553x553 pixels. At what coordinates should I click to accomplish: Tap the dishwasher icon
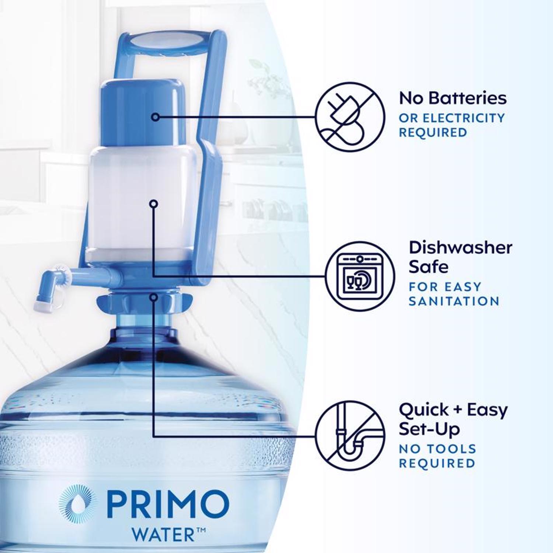click(359, 276)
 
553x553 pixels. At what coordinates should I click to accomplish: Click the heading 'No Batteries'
click(453, 98)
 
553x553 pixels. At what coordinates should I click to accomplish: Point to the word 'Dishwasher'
click(460, 248)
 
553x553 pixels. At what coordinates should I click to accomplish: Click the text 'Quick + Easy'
click(453, 410)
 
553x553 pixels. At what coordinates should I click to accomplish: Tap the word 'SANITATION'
click(454, 301)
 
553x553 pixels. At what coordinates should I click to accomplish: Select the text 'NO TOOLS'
click(438, 449)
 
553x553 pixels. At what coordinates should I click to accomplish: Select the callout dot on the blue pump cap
click(156, 117)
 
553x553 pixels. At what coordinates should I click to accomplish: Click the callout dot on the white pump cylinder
click(154, 204)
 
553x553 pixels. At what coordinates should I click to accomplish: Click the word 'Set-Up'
click(429, 429)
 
